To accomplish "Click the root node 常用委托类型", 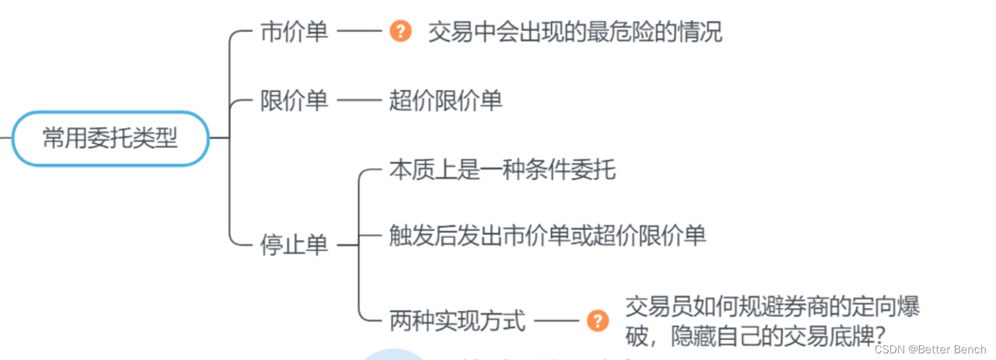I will point(110,138).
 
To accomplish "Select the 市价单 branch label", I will point(294,32).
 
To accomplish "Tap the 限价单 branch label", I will point(294,101).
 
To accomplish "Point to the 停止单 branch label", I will point(294,245).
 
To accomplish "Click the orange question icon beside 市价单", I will point(400,31).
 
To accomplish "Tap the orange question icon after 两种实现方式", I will point(598,321).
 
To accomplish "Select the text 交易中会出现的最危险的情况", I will point(575,32).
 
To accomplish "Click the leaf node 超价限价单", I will point(446,101).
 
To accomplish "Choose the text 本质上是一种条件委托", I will point(503,170).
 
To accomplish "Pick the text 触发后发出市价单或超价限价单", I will point(547,235).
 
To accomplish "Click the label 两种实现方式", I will point(457,321).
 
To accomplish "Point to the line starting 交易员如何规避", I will point(773,307).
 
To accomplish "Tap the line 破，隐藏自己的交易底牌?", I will point(757,336).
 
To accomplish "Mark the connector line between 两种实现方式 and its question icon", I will point(556,321).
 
